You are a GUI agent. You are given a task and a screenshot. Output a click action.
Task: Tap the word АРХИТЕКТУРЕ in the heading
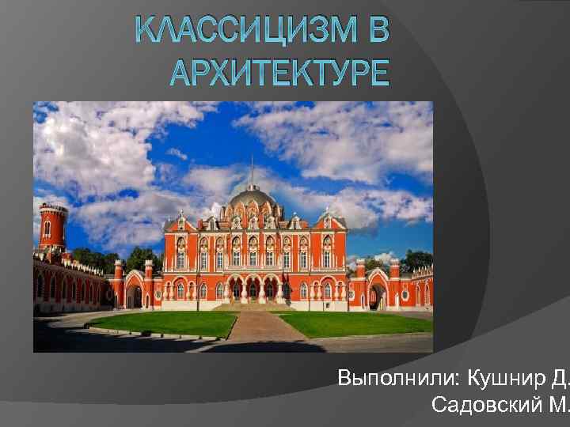point(279,73)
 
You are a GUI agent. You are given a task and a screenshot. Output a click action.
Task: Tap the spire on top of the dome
point(252,170)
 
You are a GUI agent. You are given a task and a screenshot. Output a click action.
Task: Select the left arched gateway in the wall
point(134,294)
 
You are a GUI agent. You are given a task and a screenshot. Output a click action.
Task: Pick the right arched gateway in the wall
point(377,294)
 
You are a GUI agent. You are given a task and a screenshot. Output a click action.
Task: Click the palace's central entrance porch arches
point(252,288)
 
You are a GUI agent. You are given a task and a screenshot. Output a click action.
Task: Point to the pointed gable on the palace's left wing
point(180,224)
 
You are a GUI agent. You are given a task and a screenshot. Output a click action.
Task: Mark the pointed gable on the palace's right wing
point(327,224)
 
